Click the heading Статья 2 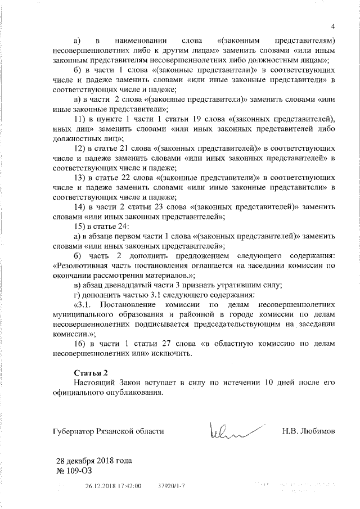[90, 373]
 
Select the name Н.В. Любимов [308, 431]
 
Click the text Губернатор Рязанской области [108, 431]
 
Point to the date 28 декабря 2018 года [93, 461]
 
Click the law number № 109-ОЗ [74, 470]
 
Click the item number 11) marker [80, 119]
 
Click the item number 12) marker [80, 148]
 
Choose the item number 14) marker [80, 206]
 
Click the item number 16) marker [80, 344]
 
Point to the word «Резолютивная [84, 265]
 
